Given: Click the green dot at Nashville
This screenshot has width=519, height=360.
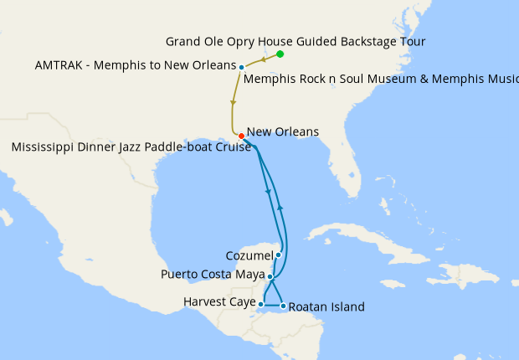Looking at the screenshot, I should [280, 54].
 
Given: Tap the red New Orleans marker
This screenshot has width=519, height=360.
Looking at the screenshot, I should [241, 136].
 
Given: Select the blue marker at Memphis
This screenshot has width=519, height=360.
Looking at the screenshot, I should [241, 67].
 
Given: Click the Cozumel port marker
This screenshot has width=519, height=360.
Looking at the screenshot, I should [278, 255].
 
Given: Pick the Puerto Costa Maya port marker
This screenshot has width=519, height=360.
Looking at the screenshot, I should [270, 275].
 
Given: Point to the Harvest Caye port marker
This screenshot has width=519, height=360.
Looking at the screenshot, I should [262, 304].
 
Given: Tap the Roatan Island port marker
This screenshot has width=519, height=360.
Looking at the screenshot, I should [283, 306].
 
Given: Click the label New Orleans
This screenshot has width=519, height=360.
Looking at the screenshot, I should [283, 132].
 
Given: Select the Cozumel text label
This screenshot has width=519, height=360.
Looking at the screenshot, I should [249, 255].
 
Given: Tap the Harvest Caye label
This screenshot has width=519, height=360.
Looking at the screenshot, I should [218, 302].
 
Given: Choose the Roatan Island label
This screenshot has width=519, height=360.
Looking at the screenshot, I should [326, 307].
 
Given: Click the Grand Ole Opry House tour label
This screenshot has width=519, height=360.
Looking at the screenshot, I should [295, 41].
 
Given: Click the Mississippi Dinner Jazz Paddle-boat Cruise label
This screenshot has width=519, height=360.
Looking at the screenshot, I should [131, 147].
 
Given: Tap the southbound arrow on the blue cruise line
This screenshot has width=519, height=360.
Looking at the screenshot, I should [268, 193].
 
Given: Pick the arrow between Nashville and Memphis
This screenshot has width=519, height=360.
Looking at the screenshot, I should [264, 59].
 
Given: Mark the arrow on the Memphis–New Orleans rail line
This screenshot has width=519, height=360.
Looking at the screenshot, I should [233, 102].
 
